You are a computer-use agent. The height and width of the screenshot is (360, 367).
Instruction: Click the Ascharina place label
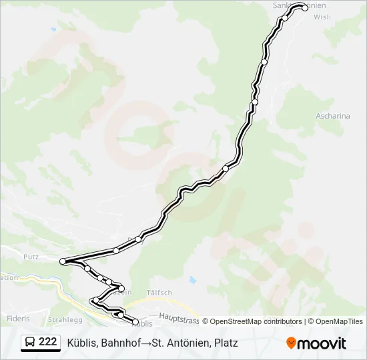point(333,115)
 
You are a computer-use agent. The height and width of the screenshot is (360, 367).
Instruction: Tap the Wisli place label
point(322,17)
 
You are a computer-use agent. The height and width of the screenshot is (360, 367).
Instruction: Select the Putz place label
point(31,256)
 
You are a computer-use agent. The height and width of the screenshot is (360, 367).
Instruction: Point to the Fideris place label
point(18,319)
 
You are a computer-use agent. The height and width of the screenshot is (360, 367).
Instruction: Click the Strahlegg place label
point(65,319)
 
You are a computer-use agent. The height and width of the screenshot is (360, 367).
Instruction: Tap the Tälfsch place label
point(159,293)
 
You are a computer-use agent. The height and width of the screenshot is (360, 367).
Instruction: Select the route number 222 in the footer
point(47,342)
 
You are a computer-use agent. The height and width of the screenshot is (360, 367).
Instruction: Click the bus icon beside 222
point(31,343)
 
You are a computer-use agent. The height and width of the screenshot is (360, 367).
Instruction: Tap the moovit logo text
point(322,343)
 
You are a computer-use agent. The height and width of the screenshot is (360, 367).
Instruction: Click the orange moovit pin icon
point(292,343)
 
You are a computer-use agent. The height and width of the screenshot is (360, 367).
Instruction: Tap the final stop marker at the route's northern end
point(305,8)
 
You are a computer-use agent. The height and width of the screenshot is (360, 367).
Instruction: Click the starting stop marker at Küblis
point(136,323)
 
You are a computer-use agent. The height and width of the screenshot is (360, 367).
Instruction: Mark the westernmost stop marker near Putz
point(63,261)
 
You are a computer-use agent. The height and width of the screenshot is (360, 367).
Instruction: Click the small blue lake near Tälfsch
point(192,280)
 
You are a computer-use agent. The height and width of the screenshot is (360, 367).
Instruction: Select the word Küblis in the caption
point(82,343)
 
